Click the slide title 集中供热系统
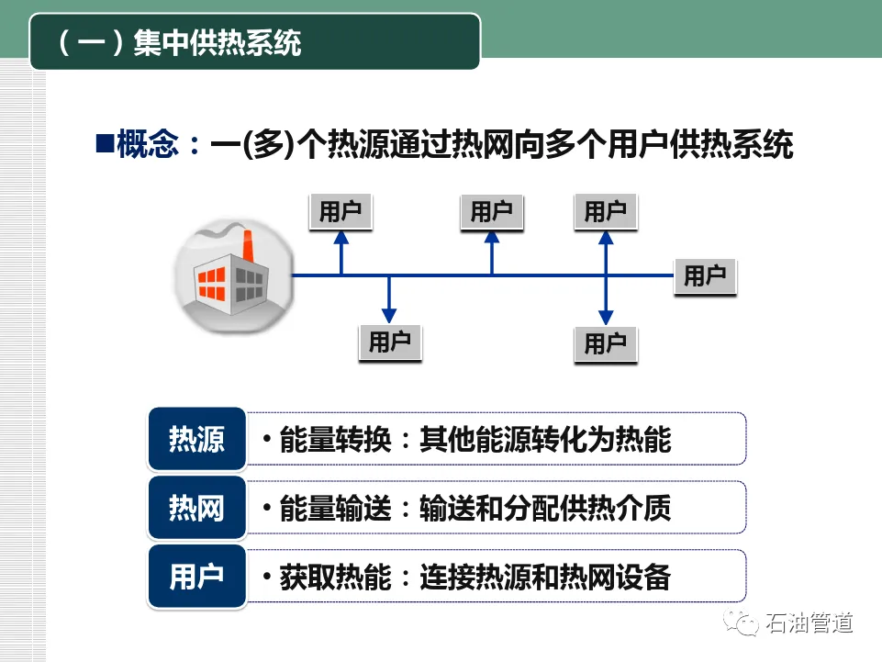click(217, 42)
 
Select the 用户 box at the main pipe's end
click(705, 275)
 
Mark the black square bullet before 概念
click(104, 143)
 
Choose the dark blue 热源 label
click(196, 440)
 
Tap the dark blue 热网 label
click(196, 508)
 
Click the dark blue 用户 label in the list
click(196, 577)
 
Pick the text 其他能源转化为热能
click(545, 440)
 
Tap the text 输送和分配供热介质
click(545, 508)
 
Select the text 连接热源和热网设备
click(545, 578)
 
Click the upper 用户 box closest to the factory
click(341, 211)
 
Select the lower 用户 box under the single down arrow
click(389, 342)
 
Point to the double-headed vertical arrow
click(605, 275)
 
